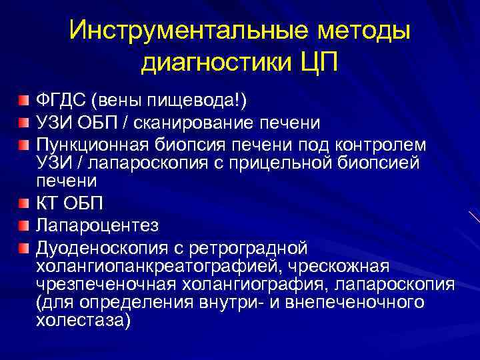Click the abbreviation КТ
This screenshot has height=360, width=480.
point(47,203)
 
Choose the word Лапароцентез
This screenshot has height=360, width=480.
point(97,225)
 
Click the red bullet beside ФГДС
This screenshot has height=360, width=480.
point(25,101)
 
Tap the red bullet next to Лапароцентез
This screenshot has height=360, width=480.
point(25,225)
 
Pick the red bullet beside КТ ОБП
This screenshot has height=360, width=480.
point(25,203)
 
